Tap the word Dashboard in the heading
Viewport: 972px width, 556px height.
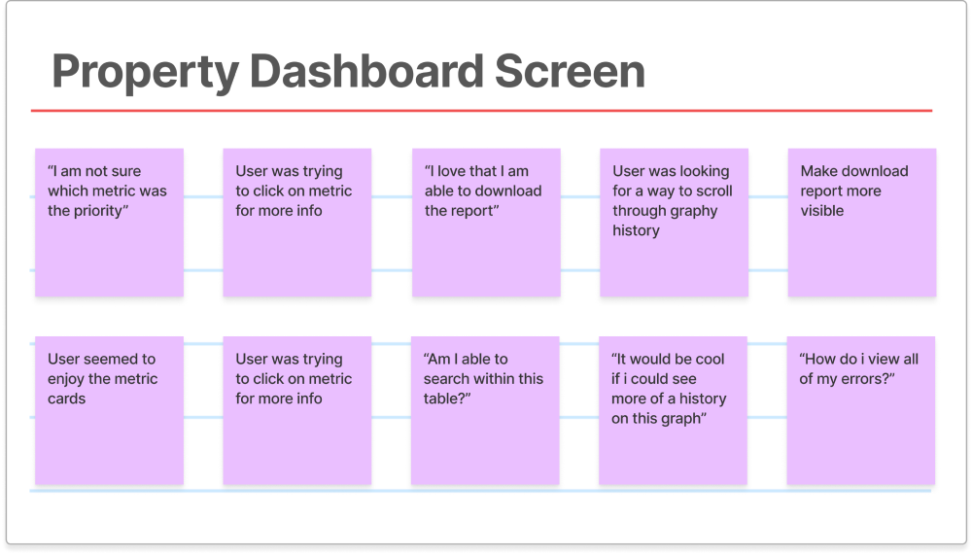click(x=366, y=71)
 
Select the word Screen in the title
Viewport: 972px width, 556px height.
click(x=570, y=71)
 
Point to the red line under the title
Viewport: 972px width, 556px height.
click(x=481, y=111)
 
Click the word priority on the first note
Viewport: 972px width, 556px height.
click(x=97, y=211)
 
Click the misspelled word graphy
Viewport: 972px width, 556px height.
click(x=696, y=211)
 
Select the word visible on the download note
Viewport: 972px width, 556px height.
click(x=822, y=211)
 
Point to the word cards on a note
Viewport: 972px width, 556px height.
click(x=66, y=399)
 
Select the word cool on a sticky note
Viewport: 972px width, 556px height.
click(x=710, y=359)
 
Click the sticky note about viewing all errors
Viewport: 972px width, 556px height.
click(x=861, y=410)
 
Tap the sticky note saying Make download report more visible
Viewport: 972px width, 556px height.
click(x=862, y=222)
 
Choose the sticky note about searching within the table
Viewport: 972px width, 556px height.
click(x=485, y=410)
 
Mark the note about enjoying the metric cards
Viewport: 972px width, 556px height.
click(x=109, y=410)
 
